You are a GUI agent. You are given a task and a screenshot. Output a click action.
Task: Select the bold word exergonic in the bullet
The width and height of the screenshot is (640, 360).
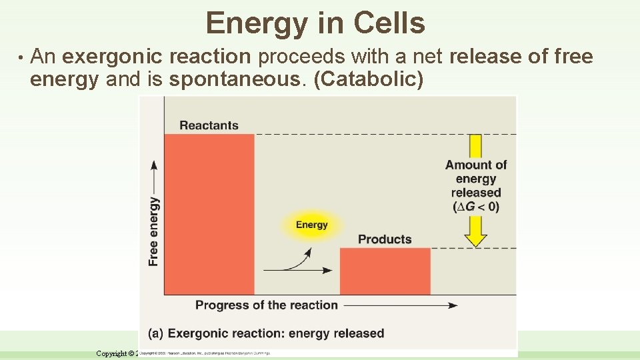pos(107,57)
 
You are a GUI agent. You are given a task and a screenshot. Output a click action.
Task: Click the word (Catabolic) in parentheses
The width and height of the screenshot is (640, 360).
pos(368,79)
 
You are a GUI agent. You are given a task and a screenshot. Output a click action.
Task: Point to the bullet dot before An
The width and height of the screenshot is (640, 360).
pos(21,57)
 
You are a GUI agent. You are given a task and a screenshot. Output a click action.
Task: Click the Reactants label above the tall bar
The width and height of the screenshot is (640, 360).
pos(209,125)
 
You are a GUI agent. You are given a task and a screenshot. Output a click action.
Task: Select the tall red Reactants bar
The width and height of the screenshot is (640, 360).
pos(209,213)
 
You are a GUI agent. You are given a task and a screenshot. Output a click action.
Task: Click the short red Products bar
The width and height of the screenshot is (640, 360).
pos(385,271)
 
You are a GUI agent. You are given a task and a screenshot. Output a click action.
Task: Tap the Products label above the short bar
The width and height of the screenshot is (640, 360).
pos(385,239)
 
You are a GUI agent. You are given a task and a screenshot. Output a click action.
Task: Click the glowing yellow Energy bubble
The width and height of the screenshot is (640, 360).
pos(311,225)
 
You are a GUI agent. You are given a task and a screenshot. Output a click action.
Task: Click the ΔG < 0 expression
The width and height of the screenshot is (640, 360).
pos(476,207)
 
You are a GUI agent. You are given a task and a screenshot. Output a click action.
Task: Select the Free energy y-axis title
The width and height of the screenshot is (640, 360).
pos(154,231)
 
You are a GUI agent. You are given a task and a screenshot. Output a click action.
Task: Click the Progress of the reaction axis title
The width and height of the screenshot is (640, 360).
pos(266,305)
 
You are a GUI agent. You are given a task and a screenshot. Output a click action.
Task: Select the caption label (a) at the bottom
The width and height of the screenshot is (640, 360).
pos(156,333)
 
